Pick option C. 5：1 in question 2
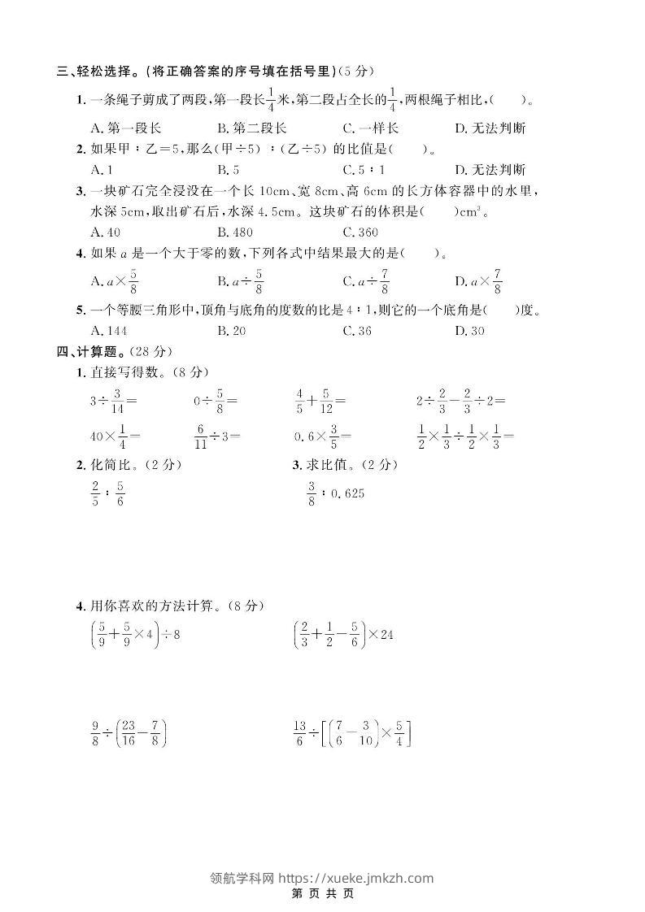coord(364,170)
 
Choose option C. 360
coord(360,232)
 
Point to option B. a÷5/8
coord(241,282)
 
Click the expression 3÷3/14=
coord(114,401)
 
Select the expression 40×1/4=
coord(115,436)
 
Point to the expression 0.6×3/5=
coord(323,436)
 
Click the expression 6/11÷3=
coord(217,436)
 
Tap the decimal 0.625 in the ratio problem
coord(346,493)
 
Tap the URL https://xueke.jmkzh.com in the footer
coord(355,878)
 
